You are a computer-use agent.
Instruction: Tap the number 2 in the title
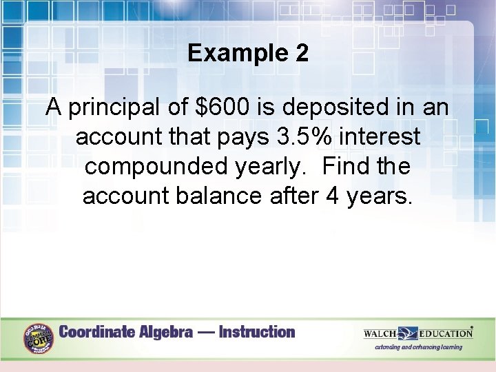tap(301, 53)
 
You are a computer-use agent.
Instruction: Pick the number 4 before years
tap(332, 197)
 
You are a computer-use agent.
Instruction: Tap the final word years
tap(380, 197)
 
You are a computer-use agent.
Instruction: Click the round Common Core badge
tap(38, 338)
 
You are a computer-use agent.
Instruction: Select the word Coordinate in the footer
tap(97, 332)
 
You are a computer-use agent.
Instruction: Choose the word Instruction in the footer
tap(256, 332)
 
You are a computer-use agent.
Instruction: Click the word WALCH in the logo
tap(380, 333)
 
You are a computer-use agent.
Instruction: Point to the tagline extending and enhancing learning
tap(418, 347)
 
